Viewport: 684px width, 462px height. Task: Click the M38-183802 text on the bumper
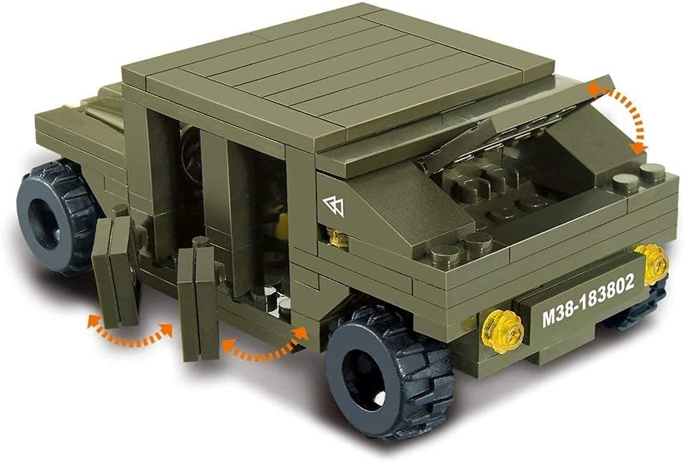(589, 300)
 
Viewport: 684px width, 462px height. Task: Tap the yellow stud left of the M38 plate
(502, 331)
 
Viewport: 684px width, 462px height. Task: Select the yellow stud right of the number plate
(652, 264)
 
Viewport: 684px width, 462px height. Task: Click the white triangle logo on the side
(334, 206)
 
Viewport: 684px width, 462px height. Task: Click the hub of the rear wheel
(44, 218)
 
